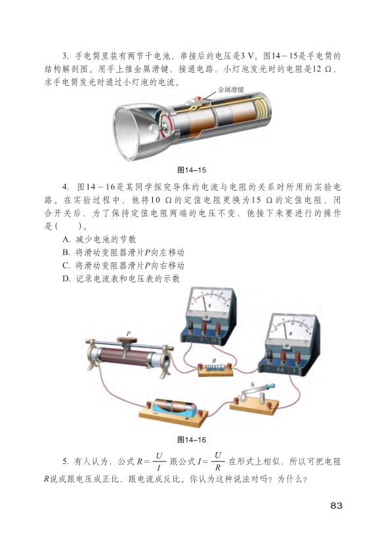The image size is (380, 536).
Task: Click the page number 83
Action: click(337, 506)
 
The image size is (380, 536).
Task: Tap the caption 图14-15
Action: click(192, 170)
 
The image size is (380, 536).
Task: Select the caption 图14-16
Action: click(192, 440)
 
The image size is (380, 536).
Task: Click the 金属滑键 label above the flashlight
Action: click(231, 90)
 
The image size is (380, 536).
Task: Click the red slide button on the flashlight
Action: click(198, 99)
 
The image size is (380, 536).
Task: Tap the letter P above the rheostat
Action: click(129, 334)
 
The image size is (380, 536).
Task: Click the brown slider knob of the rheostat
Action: click(127, 340)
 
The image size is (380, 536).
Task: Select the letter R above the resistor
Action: click(215, 360)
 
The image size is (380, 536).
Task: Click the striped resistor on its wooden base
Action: click(216, 368)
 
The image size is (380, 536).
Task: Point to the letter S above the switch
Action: click(252, 385)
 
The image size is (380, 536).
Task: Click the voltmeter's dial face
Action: click(210, 301)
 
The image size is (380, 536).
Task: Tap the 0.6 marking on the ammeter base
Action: click(280, 369)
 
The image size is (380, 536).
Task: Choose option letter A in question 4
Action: click(66, 239)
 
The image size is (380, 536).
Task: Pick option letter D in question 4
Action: click(66, 279)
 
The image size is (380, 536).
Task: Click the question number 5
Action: click(66, 461)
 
